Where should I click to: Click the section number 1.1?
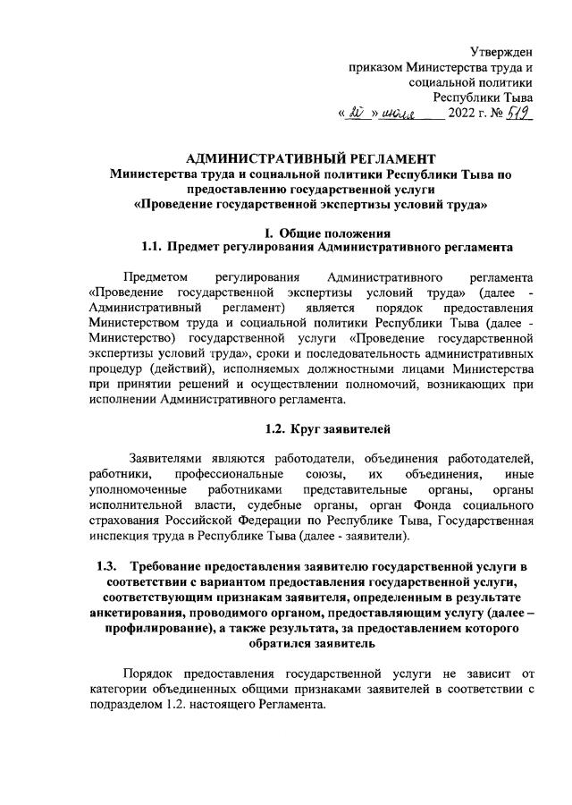tap(157, 247)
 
